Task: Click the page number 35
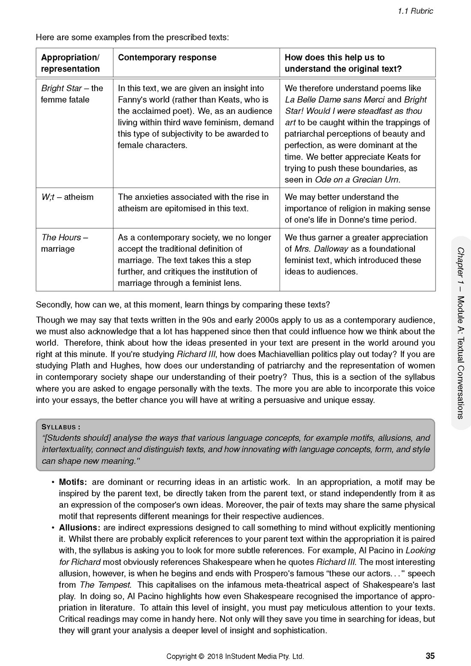(430, 656)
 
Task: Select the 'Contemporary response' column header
(167, 57)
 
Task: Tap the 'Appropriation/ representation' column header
(70, 63)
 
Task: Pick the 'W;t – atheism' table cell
(67, 197)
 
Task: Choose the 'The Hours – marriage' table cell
(64, 243)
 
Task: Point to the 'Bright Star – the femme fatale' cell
(72, 94)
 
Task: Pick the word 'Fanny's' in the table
(133, 100)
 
